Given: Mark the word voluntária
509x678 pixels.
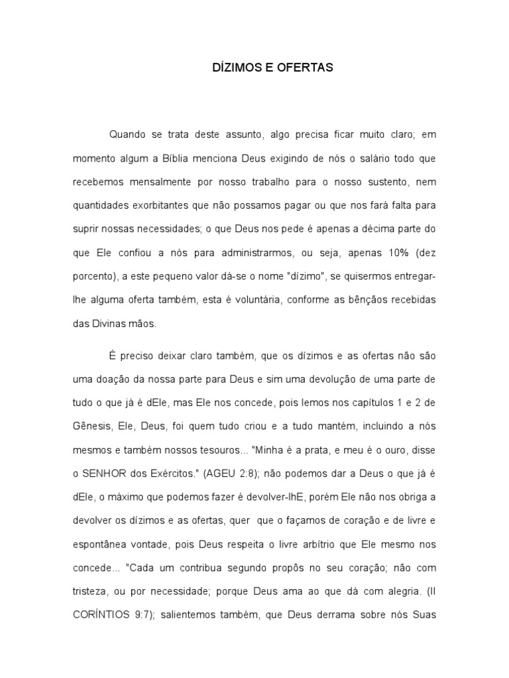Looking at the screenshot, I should (275, 300).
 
